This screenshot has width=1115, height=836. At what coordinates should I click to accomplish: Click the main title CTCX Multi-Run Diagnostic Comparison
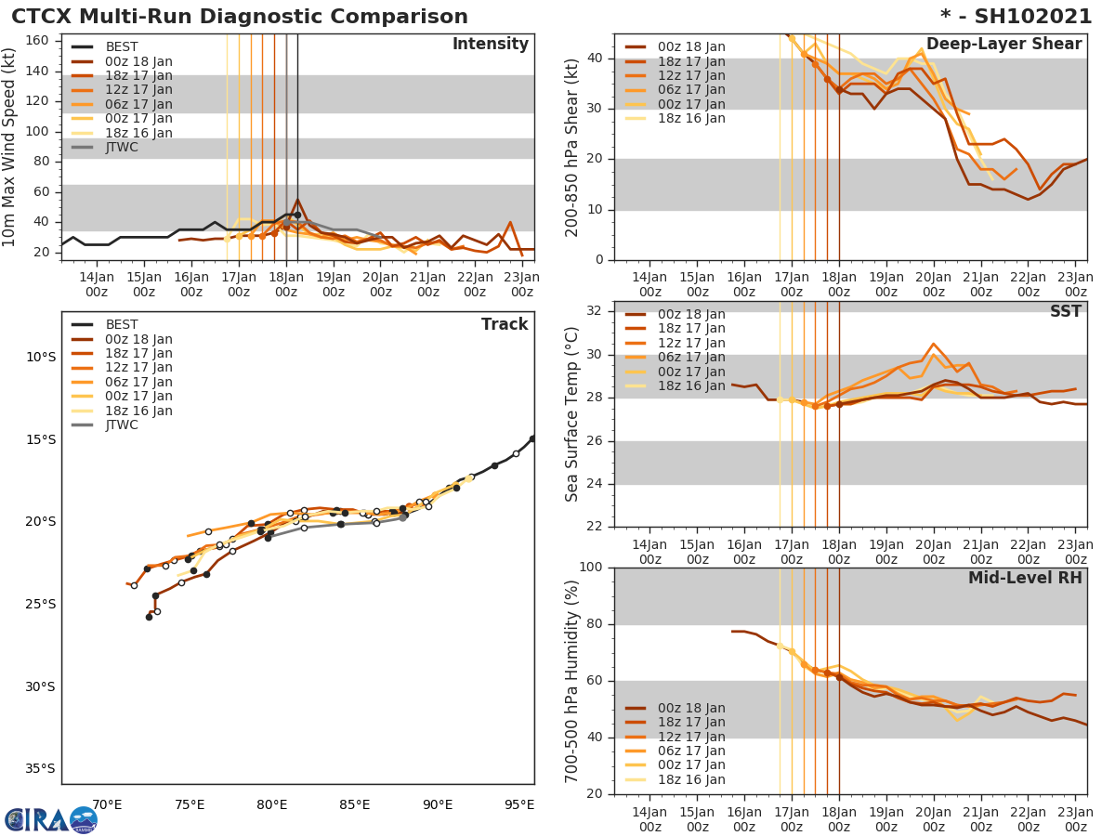click(x=240, y=17)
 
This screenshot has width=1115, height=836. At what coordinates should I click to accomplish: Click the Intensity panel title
click(x=490, y=45)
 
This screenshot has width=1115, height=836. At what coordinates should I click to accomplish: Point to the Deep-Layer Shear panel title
click(x=1003, y=45)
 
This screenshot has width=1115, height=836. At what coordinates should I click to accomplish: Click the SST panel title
click(x=1066, y=312)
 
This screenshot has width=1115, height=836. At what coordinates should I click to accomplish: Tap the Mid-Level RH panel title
click(x=1025, y=579)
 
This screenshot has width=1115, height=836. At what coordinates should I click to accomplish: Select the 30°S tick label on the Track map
click(x=40, y=686)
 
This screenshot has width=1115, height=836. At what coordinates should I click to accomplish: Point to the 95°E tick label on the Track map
click(x=518, y=804)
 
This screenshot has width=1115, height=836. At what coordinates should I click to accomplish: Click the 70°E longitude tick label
click(x=107, y=804)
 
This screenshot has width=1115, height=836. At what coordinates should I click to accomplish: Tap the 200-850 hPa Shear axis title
click(x=573, y=147)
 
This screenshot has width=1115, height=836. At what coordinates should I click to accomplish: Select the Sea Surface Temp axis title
click(x=573, y=414)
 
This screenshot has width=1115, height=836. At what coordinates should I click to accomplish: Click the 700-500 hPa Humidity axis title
click(x=573, y=681)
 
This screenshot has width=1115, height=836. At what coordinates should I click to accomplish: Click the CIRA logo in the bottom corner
click(x=51, y=819)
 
